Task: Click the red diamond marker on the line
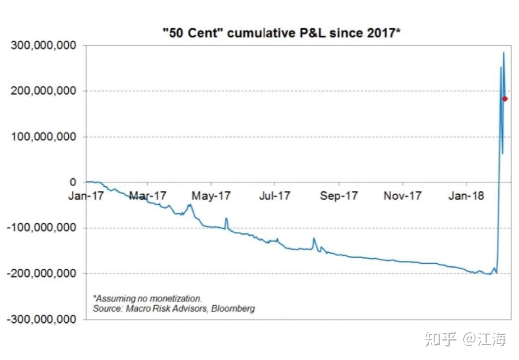pyautogui.click(x=505, y=99)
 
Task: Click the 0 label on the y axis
pyautogui.click(x=73, y=182)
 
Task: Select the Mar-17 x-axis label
pyautogui.click(x=148, y=196)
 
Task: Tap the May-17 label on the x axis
pyautogui.click(x=211, y=196)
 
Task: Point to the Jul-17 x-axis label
pyautogui.click(x=275, y=196)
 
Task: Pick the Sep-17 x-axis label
pyautogui.click(x=339, y=196)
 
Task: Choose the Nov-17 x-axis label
pyautogui.click(x=403, y=196)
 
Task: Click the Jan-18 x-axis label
pyautogui.click(x=466, y=196)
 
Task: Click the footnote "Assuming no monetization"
pyautogui.click(x=147, y=298)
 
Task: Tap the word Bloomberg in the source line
pyautogui.click(x=233, y=308)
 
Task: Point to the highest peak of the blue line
pyautogui.click(x=503, y=53)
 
